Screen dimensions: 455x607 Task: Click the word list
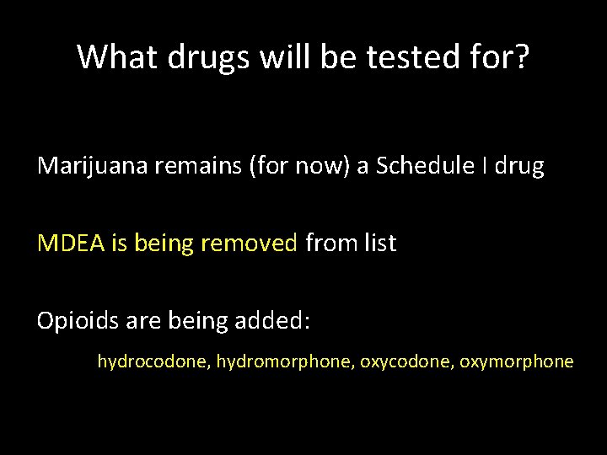(378, 244)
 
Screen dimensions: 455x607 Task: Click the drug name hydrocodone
(153, 362)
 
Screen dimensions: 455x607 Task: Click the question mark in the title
(521, 57)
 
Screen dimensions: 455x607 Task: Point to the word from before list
(328, 244)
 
